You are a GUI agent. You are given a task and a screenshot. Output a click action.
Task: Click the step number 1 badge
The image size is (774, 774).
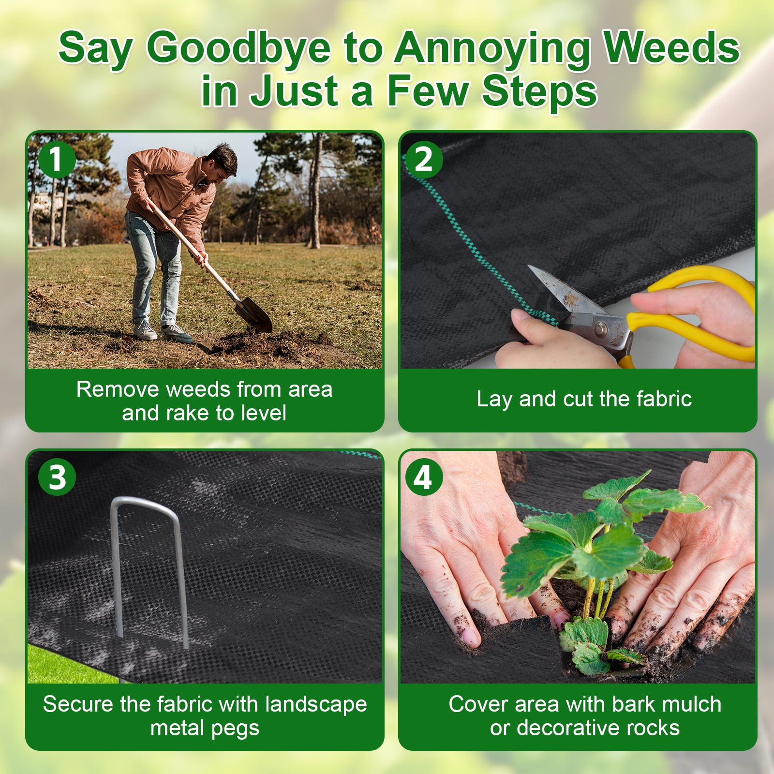[x=57, y=159]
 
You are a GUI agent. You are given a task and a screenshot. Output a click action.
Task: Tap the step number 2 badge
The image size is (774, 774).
[x=424, y=159]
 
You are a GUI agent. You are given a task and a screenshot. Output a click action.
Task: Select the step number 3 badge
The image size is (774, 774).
[x=57, y=477]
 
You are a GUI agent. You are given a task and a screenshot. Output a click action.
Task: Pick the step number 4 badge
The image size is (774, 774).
[x=423, y=477]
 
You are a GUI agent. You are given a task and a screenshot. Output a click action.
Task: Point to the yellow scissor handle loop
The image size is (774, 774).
[x=697, y=314]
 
